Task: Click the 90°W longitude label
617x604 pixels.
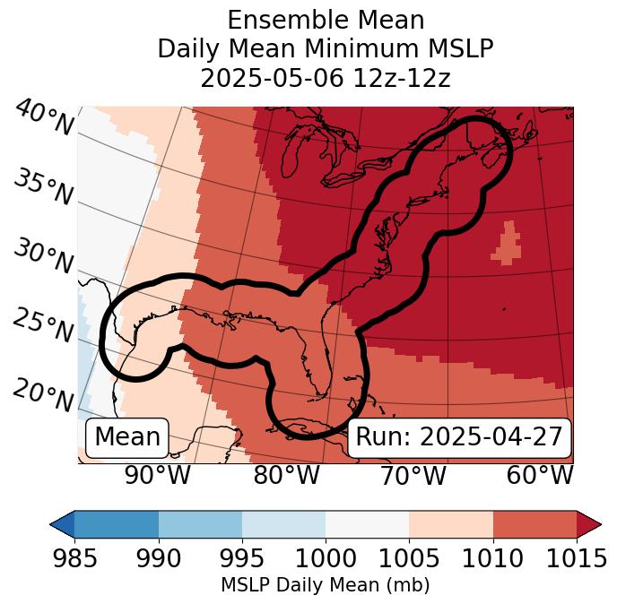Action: tap(158, 475)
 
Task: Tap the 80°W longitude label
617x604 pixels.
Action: tap(287, 475)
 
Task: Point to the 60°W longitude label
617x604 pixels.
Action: tap(540, 475)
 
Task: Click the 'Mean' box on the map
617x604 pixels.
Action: tap(127, 437)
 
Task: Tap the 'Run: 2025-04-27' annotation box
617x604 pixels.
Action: tap(459, 437)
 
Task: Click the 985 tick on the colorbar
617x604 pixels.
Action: tap(74, 559)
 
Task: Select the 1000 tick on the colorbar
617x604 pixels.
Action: tap(326, 559)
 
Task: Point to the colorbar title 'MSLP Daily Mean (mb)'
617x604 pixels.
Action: tap(326, 585)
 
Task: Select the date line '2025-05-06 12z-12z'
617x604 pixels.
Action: tap(326, 78)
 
